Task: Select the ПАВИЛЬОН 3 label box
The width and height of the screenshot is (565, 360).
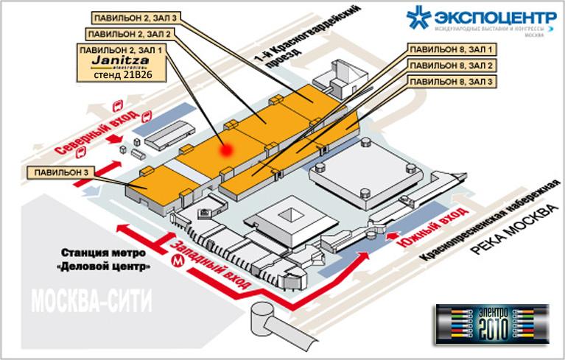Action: [57, 173]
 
